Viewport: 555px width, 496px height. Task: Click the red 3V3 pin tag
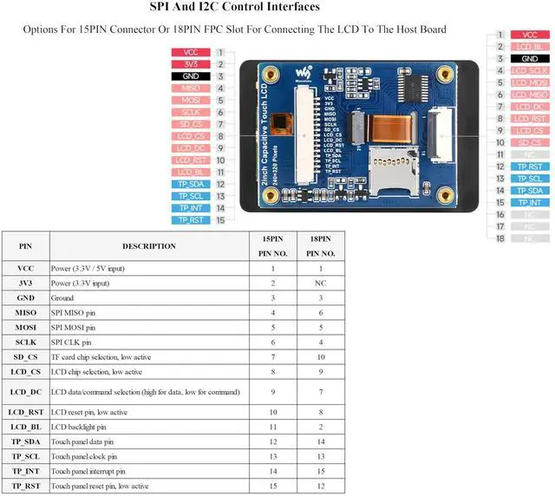(x=190, y=64)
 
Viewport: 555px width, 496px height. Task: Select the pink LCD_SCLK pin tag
(x=529, y=71)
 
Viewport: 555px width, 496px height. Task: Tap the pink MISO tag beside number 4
(x=190, y=88)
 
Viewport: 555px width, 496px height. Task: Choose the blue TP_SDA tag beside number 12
(x=190, y=184)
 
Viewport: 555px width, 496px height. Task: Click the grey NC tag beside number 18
(x=529, y=238)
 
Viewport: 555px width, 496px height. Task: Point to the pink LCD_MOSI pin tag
(x=529, y=83)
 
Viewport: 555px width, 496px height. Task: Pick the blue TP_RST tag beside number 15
(x=190, y=220)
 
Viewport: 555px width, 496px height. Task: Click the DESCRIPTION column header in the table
(x=148, y=246)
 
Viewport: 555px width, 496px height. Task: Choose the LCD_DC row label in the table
(x=25, y=392)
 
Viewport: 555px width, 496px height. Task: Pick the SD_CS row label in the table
(x=25, y=356)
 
